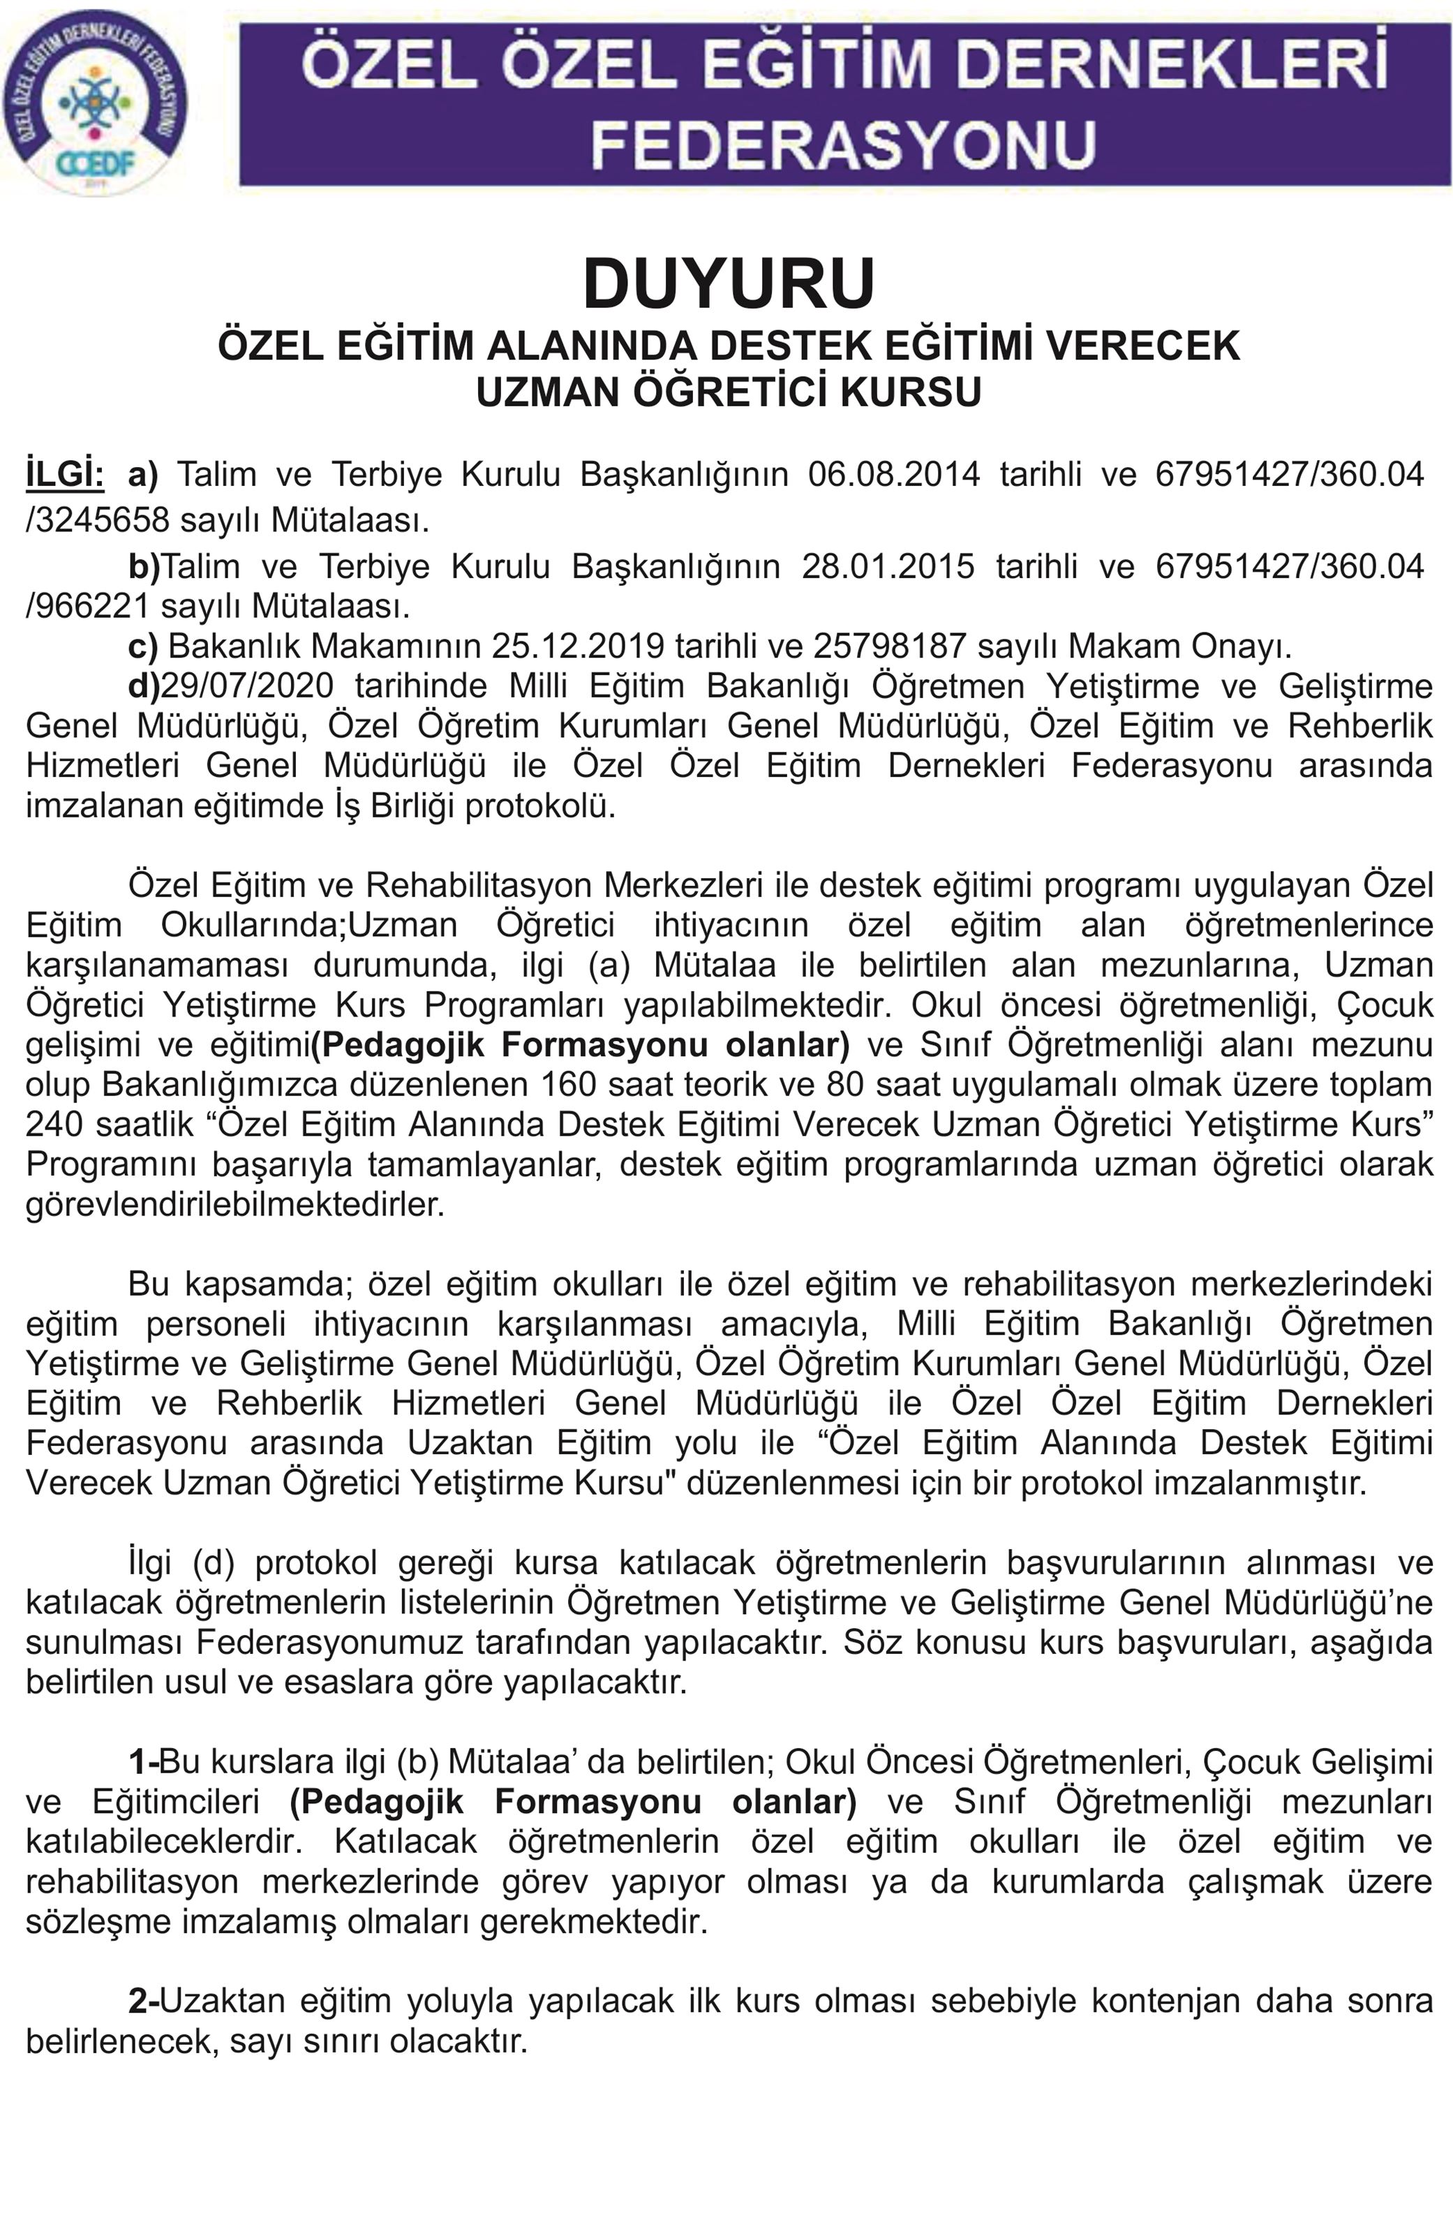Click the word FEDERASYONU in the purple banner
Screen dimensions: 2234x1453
[844, 144]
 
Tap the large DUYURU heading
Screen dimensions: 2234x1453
[729, 283]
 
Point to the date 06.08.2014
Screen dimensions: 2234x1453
[893, 475]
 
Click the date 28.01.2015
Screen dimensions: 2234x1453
[888, 567]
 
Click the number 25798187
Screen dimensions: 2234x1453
[890, 646]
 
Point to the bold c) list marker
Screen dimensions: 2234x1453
[142, 646]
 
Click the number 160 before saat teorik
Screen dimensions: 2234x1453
[569, 1084]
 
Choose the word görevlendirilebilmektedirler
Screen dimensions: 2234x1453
[234, 1204]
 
